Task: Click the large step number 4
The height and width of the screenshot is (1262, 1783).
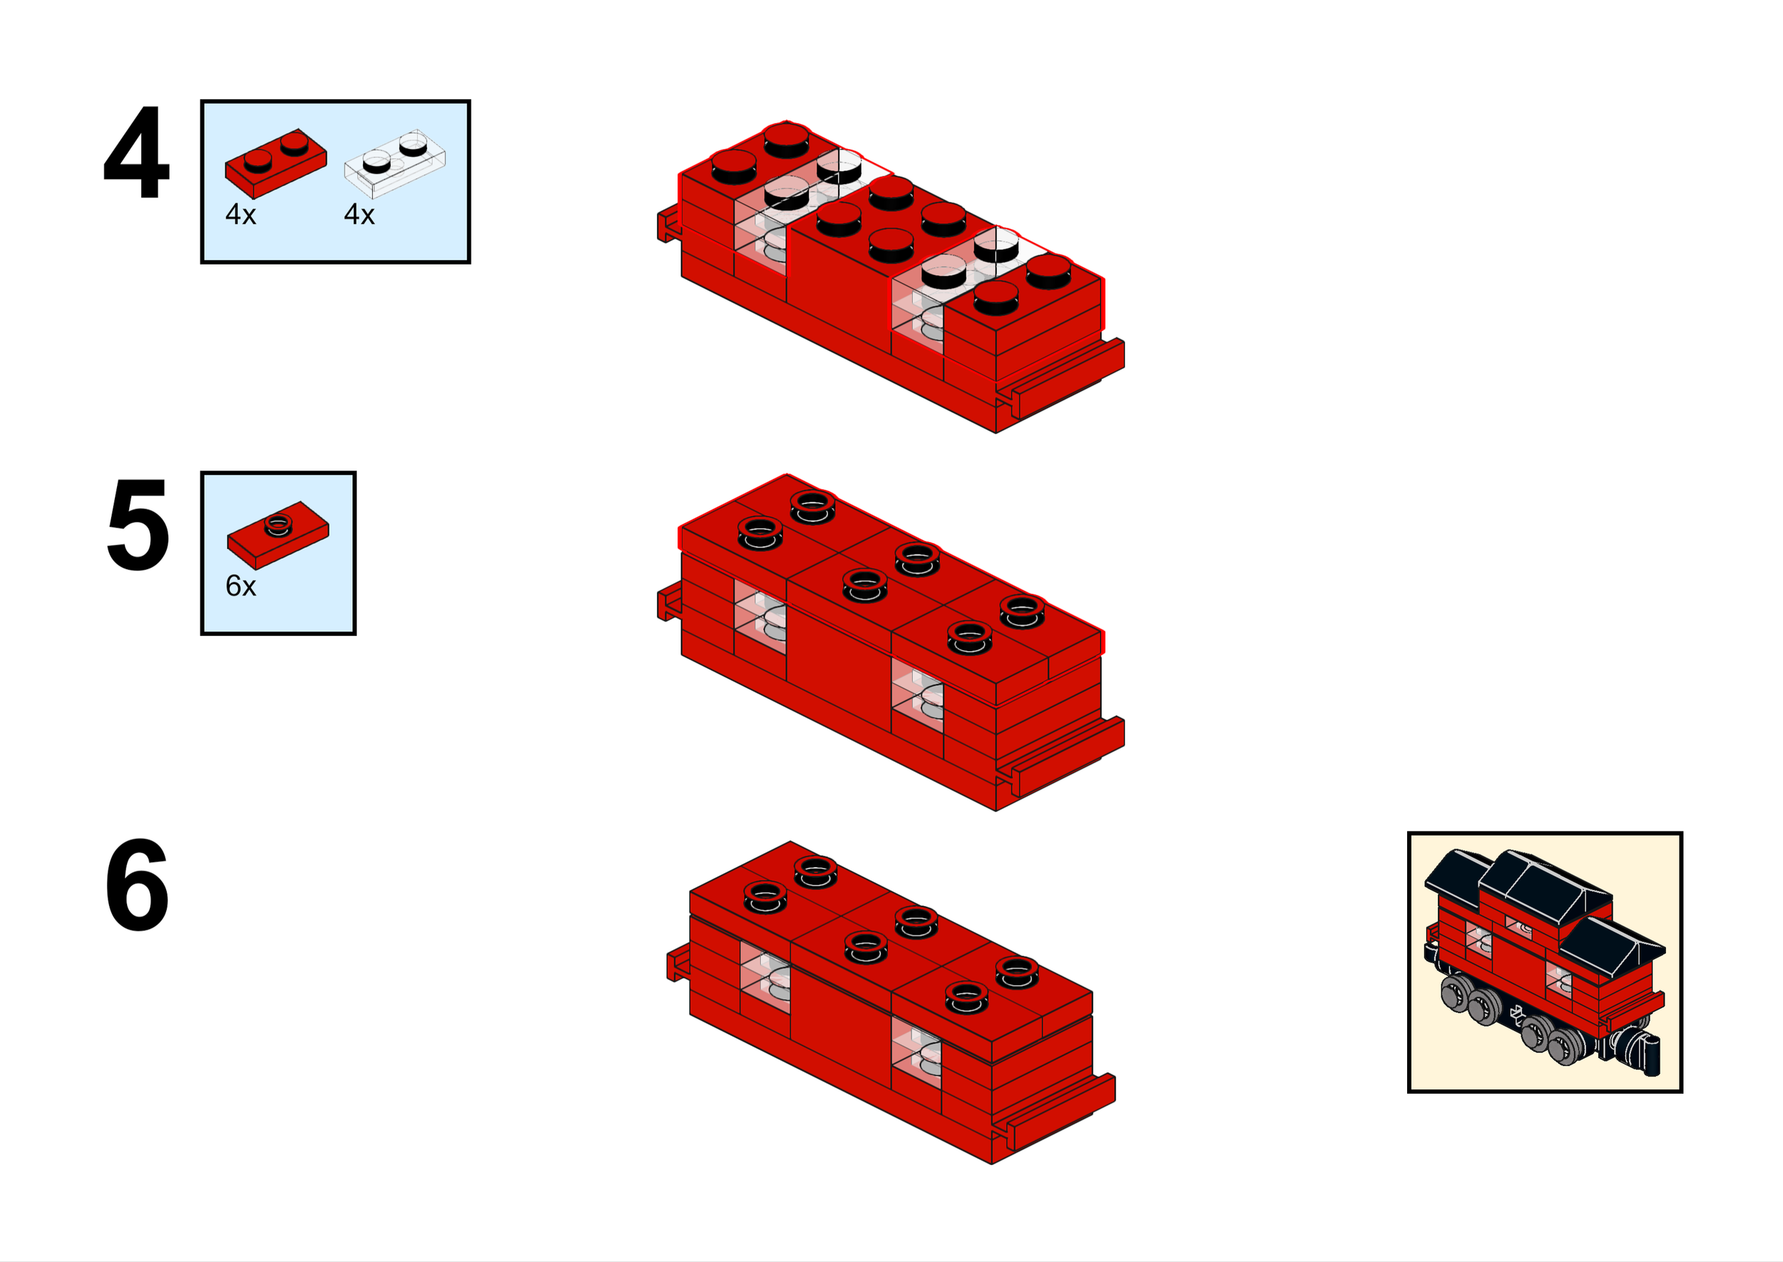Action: point(137,153)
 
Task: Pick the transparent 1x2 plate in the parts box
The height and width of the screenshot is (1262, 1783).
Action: point(395,163)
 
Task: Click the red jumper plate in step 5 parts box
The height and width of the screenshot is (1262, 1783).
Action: point(277,535)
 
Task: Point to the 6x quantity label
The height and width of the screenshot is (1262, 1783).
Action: point(240,586)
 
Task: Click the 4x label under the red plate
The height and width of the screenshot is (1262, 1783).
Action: point(240,215)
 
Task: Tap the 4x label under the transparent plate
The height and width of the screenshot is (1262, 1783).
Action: point(359,215)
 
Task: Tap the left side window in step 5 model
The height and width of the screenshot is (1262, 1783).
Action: point(760,617)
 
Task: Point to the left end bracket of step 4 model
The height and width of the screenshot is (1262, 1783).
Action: point(668,225)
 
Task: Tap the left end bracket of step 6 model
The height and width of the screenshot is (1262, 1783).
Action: point(678,965)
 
